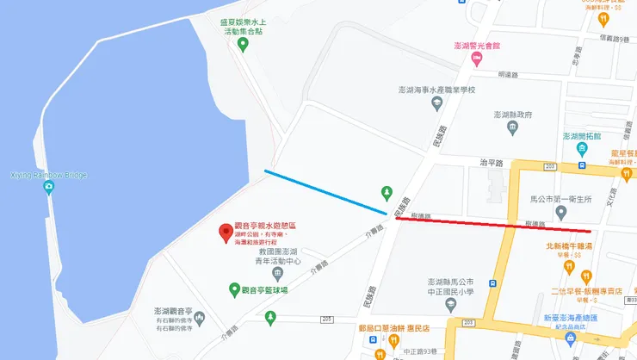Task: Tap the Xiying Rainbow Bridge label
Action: coord(48,175)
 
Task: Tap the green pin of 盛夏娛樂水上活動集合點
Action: coord(243,45)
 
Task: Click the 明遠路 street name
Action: coord(510,75)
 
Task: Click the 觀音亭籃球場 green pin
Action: coord(233,289)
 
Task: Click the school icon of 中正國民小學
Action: coord(492,282)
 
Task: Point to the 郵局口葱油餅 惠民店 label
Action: coord(394,327)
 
